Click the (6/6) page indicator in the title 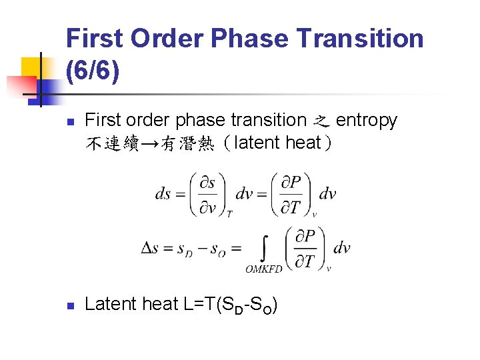click(x=93, y=69)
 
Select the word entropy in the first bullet click(x=367, y=120)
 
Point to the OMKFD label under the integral click(x=264, y=269)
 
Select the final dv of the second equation click(x=341, y=248)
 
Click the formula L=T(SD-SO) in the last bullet click(x=229, y=305)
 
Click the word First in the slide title click(x=95, y=38)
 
